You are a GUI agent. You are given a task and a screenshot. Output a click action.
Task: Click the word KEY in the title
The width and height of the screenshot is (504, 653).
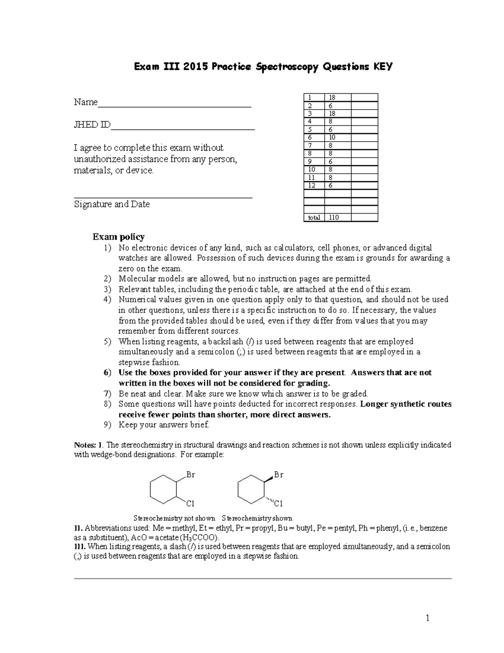click(381, 67)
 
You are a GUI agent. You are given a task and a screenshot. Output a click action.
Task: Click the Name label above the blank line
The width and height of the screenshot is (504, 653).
click(86, 102)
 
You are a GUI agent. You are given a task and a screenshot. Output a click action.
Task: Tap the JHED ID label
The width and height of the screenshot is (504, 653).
click(92, 125)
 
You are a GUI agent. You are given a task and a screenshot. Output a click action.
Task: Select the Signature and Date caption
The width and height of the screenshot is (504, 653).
click(112, 204)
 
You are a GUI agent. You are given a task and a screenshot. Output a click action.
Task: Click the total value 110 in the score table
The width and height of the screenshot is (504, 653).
click(334, 218)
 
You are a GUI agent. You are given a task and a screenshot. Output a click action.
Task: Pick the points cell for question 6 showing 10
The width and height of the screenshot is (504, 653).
click(332, 137)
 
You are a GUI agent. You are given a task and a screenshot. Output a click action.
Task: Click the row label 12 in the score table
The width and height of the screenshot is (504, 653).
click(311, 185)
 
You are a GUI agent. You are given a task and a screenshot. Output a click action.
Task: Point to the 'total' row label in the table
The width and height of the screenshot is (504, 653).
click(314, 218)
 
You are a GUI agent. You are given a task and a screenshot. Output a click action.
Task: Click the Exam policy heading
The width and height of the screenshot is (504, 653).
click(118, 237)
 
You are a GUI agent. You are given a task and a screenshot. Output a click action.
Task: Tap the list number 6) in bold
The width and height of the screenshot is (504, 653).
click(108, 373)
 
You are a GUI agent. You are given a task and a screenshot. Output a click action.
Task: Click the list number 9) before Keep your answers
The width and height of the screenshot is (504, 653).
click(108, 425)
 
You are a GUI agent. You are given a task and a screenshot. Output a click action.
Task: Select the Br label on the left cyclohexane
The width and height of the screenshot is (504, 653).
click(191, 475)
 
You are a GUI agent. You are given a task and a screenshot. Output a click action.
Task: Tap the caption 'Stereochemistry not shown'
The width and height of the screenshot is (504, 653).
click(174, 518)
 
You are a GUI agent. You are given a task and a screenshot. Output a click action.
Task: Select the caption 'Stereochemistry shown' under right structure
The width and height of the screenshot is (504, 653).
click(257, 518)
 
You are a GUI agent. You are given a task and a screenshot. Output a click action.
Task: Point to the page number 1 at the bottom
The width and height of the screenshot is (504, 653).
click(428, 618)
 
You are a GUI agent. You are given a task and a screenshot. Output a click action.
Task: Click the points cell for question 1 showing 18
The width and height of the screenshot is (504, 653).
click(332, 98)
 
